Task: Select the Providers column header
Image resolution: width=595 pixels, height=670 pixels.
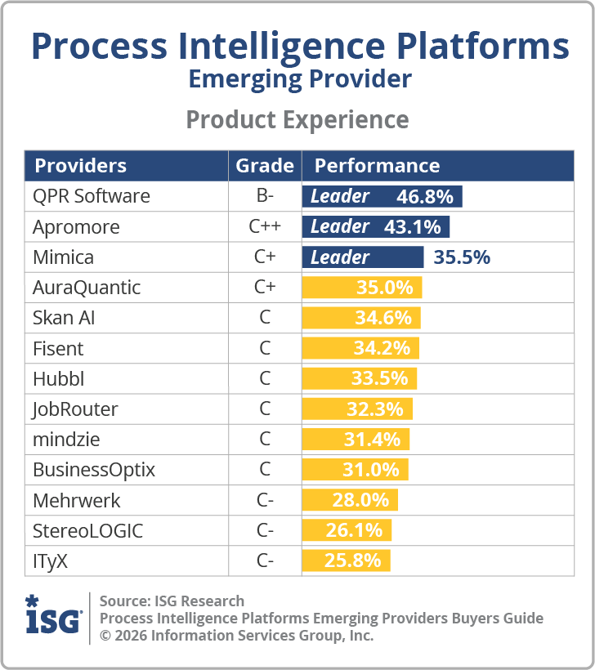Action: pyautogui.click(x=80, y=166)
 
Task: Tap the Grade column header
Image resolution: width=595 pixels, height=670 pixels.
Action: pyautogui.click(x=264, y=166)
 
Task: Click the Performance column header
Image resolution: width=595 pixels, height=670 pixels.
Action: pyautogui.click(x=377, y=166)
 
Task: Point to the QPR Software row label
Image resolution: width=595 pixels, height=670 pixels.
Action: pyautogui.click(x=92, y=197)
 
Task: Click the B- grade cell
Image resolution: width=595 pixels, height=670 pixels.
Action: pyautogui.click(x=265, y=197)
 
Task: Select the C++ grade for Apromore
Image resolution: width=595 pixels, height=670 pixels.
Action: pyautogui.click(x=265, y=227)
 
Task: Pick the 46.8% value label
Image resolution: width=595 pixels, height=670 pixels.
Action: pyautogui.click(x=424, y=197)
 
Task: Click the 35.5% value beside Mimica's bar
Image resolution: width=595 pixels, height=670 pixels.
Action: pyautogui.click(x=462, y=257)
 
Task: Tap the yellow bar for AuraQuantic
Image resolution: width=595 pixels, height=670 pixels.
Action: pyautogui.click(x=362, y=288)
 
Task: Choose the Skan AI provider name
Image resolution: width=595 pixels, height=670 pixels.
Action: pyautogui.click(x=64, y=318)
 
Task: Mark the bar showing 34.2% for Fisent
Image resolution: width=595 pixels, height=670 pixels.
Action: pyautogui.click(x=360, y=349)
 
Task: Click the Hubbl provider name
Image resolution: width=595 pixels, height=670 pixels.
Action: pyautogui.click(x=58, y=379)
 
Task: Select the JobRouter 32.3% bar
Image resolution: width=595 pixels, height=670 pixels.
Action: pyautogui.click(x=357, y=409)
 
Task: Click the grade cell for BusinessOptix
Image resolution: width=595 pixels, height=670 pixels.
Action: pyautogui.click(x=265, y=471)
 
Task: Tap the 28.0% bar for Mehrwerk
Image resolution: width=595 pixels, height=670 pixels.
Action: pyautogui.click(x=350, y=500)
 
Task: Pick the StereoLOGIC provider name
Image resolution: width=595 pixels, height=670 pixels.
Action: pyautogui.click(x=87, y=531)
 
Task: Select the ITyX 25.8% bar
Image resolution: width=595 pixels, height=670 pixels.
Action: pyautogui.click(x=346, y=561)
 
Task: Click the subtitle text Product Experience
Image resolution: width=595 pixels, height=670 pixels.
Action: pyautogui.click(x=297, y=120)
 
